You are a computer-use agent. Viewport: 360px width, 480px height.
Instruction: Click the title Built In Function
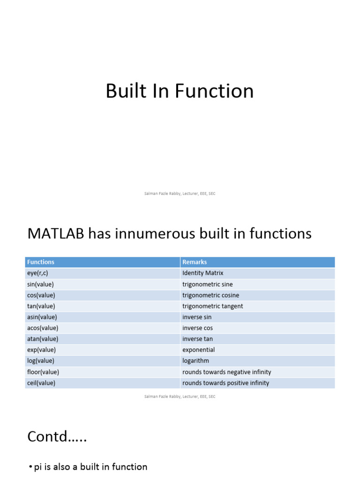tap(180, 91)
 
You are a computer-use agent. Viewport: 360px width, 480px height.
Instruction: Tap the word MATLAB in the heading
tap(56, 233)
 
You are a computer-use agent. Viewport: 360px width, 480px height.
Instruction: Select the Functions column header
tap(41, 262)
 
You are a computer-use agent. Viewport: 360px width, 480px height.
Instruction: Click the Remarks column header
tap(195, 262)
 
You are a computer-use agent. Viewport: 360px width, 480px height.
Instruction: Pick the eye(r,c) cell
tap(37, 273)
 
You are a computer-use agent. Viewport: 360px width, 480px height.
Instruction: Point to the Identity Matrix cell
tap(202, 273)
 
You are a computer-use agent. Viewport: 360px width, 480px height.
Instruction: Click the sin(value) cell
tap(40, 285)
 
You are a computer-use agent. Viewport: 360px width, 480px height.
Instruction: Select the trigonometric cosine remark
tap(210, 295)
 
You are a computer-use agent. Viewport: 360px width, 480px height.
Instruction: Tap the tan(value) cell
tap(41, 306)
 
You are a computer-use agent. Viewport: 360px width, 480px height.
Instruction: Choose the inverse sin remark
tap(197, 317)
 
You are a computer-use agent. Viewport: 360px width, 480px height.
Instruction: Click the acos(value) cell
tap(43, 328)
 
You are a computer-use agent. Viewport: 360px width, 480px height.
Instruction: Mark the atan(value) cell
tap(43, 339)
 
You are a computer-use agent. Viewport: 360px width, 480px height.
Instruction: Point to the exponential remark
tap(198, 350)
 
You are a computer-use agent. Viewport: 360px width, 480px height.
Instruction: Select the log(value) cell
tap(41, 361)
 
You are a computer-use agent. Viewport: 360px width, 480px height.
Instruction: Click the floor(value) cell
tap(43, 372)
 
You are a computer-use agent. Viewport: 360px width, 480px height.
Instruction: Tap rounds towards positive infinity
tap(225, 383)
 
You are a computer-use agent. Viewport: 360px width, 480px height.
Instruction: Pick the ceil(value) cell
tap(41, 383)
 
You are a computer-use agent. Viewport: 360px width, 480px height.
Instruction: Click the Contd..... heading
tap(57, 436)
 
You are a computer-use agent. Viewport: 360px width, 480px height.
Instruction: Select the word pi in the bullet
tap(37, 467)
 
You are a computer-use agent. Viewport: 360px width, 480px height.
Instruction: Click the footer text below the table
tap(180, 397)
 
